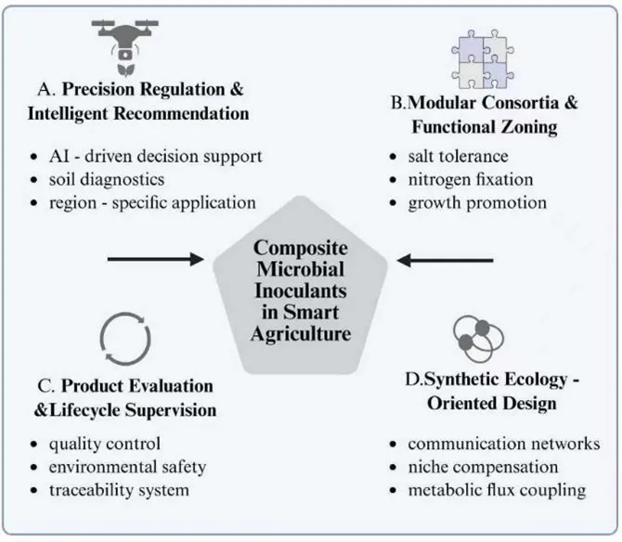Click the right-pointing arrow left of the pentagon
[154, 258]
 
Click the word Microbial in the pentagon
[301, 270]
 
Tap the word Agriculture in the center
[301, 333]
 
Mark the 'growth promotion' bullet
[476, 201]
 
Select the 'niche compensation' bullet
[483, 467]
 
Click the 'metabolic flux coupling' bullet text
[497, 489]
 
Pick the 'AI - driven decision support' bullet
[156, 155]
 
